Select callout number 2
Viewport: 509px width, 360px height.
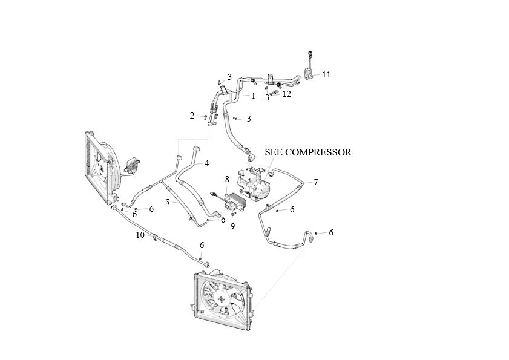pos(192,116)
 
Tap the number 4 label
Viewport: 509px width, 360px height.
pos(206,163)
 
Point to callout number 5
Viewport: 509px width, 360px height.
pos(167,202)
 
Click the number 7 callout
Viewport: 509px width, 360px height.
pos(315,182)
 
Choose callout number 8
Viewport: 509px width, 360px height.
pos(227,179)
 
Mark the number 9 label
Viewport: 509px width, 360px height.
pos(232,226)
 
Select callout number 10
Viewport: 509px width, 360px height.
pos(140,235)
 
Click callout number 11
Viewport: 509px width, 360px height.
pos(326,74)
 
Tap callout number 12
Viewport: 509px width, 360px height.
pos(287,94)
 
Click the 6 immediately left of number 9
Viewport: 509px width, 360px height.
pos(223,220)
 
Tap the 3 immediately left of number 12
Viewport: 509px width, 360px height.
pos(266,98)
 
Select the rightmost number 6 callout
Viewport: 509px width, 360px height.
pos(331,232)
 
